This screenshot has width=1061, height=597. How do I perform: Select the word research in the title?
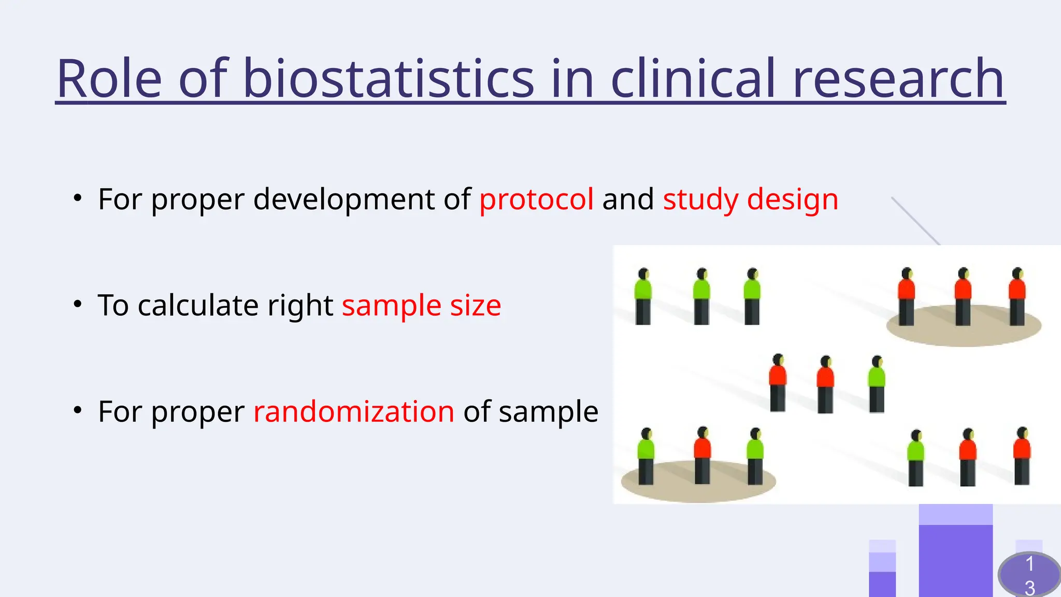pos(898,79)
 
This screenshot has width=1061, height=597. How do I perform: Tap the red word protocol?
pos(536,200)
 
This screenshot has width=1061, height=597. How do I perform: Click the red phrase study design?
pos(750,200)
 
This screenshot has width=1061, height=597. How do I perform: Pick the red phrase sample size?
pos(421,305)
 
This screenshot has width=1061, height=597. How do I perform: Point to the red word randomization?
pos(354,411)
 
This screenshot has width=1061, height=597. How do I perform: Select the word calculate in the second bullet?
pos(199,305)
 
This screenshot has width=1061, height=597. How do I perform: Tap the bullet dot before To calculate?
pos(78,304)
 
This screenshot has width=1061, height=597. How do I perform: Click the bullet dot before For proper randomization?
pos(78,410)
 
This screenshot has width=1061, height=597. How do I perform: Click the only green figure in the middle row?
pos(877,385)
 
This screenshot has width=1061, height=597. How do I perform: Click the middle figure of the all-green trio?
pos(701,296)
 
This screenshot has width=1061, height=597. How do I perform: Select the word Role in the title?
pos(109,79)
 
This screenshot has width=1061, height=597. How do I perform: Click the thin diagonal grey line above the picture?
pos(915,220)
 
